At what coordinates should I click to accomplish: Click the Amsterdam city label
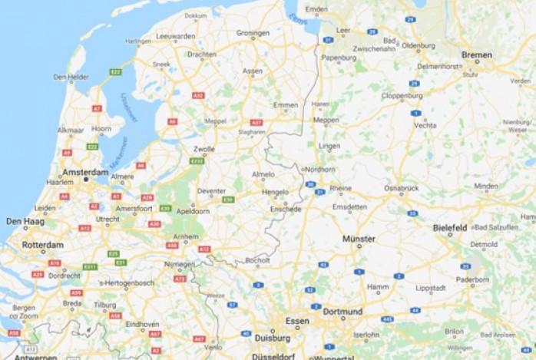coord(86,172)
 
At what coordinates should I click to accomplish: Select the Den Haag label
coord(24,221)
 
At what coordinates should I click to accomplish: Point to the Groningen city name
coord(253,33)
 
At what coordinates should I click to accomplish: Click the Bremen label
coord(477,54)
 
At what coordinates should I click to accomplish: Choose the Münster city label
coord(359,239)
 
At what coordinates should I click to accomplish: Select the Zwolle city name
coord(204,148)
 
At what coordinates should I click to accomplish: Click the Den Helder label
coord(71,77)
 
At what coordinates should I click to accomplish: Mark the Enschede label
coord(286,209)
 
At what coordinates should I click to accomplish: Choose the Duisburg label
coord(272,338)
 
